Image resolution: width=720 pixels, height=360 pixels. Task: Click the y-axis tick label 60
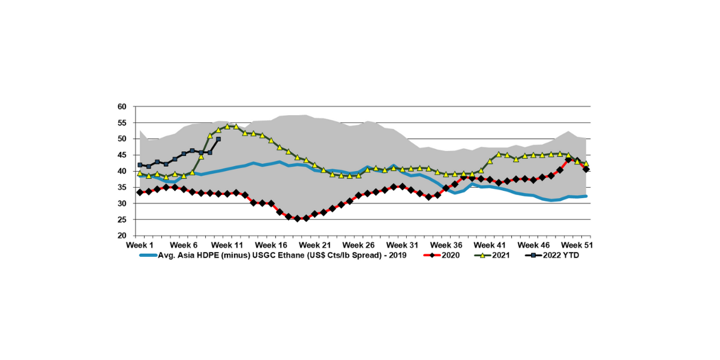[122, 107]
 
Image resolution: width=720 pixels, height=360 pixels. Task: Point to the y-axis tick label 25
[122, 220]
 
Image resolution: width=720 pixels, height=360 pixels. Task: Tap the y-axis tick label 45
[122, 155]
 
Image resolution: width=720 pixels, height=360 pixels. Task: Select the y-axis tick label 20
[122, 236]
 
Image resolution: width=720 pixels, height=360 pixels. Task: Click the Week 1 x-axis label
[140, 245]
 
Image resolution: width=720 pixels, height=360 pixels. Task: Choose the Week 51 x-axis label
[577, 245]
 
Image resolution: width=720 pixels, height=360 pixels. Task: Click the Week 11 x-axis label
[227, 245]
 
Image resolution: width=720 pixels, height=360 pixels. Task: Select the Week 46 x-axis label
[533, 245]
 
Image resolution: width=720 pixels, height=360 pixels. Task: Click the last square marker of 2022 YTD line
[218, 139]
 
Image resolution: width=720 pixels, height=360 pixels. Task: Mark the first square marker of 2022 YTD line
[140, 165]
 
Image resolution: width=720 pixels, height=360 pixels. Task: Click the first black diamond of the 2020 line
[140, 192]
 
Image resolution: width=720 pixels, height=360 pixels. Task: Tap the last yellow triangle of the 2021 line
[586, 163]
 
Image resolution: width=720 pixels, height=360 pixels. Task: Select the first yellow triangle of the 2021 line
[140, 173]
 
